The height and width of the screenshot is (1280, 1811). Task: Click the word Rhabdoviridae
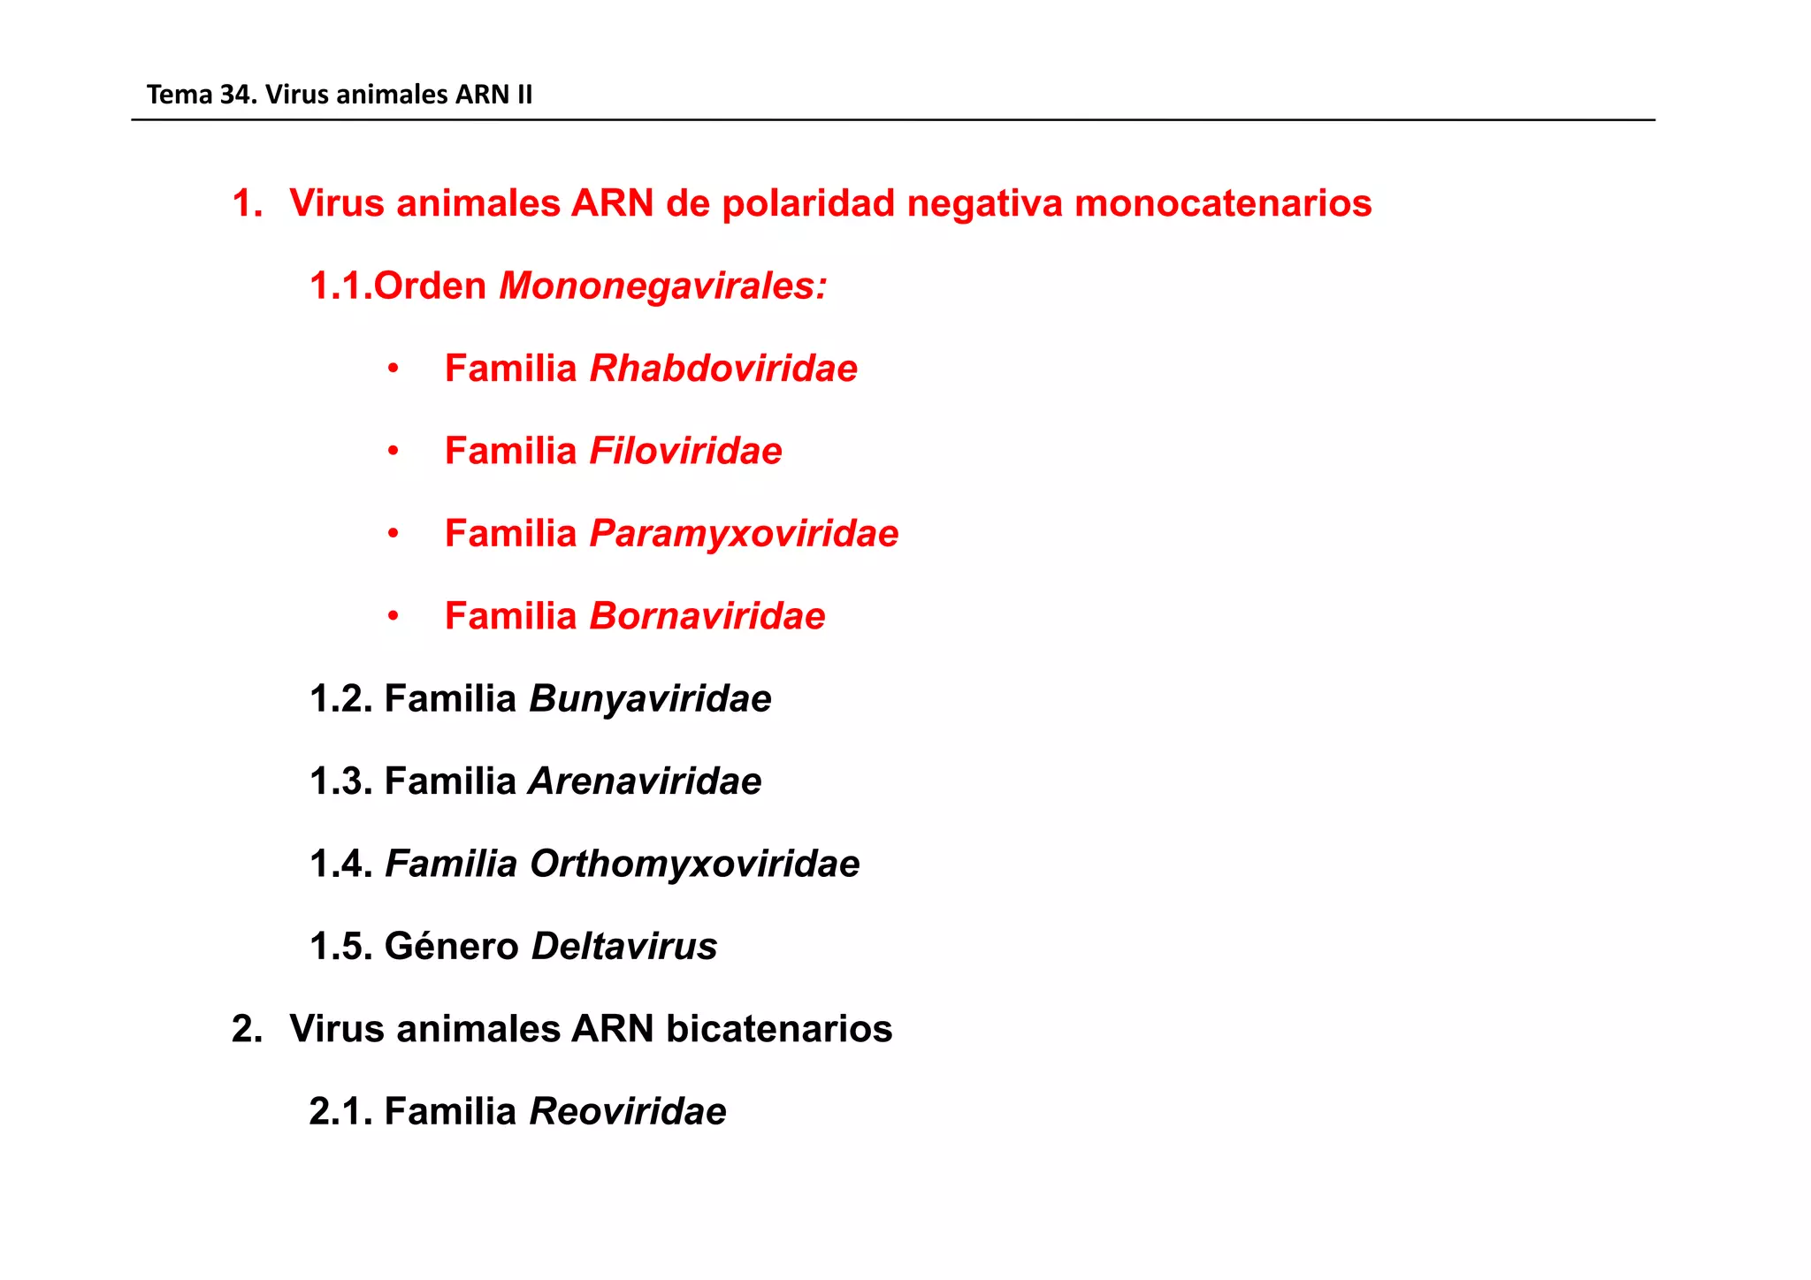pyautogui.click(x=722, y=369)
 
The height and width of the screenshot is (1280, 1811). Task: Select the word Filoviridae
pyautogui.click(x=685, y=451)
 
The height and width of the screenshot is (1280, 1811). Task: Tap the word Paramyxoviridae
pyautogui.click(x=744, y=534)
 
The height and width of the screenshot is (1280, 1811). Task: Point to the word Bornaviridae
pyautogui.click(x=707, y=616)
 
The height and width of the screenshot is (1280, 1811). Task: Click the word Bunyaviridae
pyautogui.click(x=650, y=699)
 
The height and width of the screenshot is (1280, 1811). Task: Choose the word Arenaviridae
pyautogui.click(x=645, y=781)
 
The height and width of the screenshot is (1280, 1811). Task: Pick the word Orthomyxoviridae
pyautogui.click(x=694, y=864)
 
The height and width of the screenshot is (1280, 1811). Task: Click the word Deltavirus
pyautogui.click(x=623, y=947)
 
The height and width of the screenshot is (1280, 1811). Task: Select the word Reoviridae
pyautogui.click(x=627, y=1112)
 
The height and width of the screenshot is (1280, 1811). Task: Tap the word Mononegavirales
pyautogui.click(x=662, y=286)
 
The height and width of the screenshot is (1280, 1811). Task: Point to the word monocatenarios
pyautogui.click(x=1223, y=203)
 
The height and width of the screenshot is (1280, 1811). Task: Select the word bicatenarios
pyautogui.click(x=778, y=1029)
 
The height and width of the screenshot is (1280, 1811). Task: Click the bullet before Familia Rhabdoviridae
pyautogui.click(x=394, y=370)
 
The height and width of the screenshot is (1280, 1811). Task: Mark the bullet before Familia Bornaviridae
pyautogui.click(x=394, y=617)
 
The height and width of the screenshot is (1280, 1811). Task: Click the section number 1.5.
pyautogui.click(x=340, y=947)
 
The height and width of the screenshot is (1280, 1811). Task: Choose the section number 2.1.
pyautogui.click(x=340, y=1112)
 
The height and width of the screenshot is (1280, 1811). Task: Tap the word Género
pyautogui.click(x=451, y=947)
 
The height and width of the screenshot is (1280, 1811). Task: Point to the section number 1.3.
pyautogui.click(x=340, y=781)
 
